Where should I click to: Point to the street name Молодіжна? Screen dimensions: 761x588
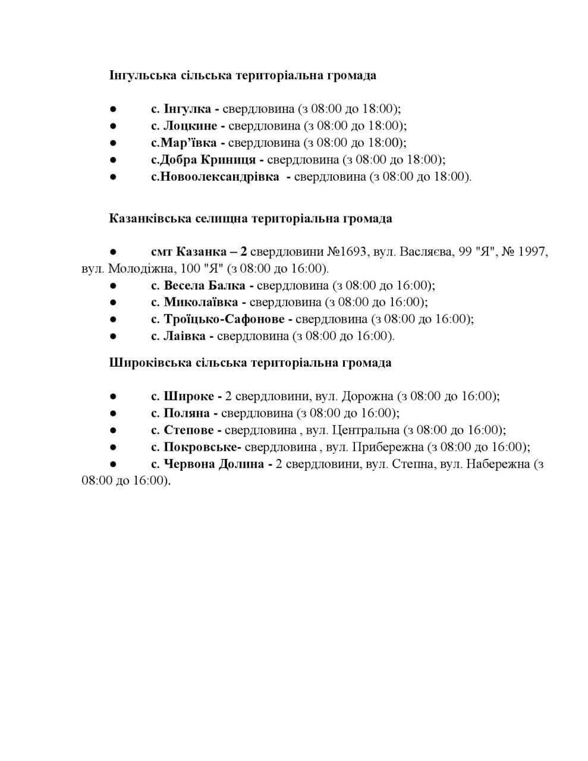tap(135, 268)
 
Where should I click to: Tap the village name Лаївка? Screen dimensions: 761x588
tap(184, 336)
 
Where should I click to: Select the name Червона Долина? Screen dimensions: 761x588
tap(213, 464)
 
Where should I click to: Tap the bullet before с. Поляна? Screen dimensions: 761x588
tap(113, 413)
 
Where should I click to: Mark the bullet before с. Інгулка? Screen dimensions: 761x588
tap(113, 109)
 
